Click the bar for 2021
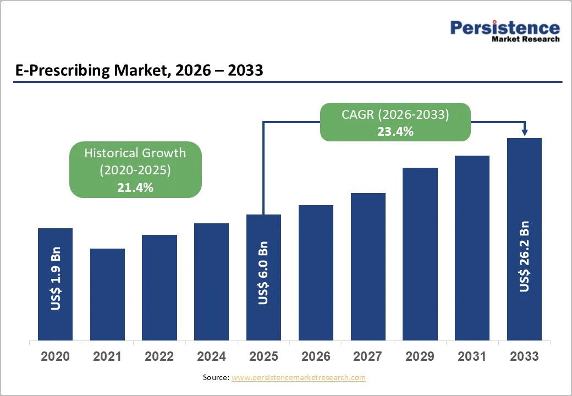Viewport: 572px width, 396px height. tap(107, 294)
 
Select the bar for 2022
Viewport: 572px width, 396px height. tap(159, 287)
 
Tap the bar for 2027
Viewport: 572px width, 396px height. tap(368, 267)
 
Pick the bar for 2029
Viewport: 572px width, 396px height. tap(420, 254)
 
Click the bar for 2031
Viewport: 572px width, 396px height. tap(472, 248)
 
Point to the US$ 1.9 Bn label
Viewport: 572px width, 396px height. tap(56, 279)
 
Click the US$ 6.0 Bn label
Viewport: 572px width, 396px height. tap(263, 273)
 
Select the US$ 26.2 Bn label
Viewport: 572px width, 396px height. tap(524, 256)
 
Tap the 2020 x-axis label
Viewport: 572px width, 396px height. tap(55, 356)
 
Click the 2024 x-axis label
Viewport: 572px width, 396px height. tap(211, 356)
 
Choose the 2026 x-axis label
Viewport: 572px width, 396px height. tap(316, 356)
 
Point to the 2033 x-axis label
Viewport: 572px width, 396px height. tap(524, 356)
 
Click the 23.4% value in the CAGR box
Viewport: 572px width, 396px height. tap(395, 131)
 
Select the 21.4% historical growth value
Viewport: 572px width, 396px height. tap(135, 188)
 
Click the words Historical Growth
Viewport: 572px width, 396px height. tap(135, 153)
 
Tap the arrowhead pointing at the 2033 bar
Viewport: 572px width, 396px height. tap(524, 132)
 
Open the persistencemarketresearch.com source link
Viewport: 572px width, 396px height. tap(298, 377)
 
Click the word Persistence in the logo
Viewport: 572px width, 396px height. tap(505, 28)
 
